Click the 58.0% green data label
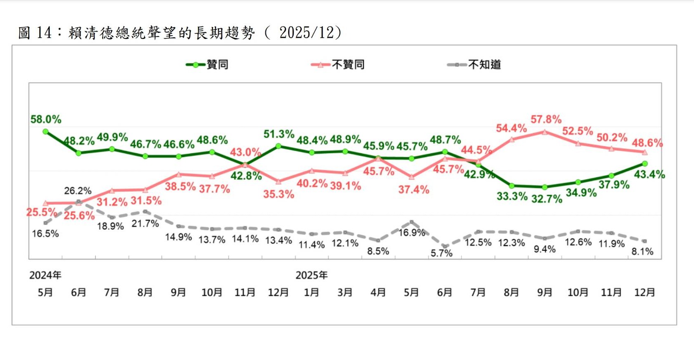tap(46, 120)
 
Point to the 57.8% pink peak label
tap(546, 120)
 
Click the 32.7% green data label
tap(547, 199)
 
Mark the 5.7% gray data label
tap(441, 253)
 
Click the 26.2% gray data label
tap(77, 191)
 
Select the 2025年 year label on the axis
tap(311, 275)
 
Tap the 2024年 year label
tap(45, 275)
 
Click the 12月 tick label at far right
tap(644, 292)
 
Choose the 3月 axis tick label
tap(345, 292)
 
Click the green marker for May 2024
tap(46, 132)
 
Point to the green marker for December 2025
tap(645, 164)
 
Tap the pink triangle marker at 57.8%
tap(545, 132)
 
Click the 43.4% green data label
tap(649, 174)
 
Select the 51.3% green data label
tap(279, 134)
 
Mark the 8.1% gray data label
tap(642, 251)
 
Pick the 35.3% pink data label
tap(278, 194)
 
